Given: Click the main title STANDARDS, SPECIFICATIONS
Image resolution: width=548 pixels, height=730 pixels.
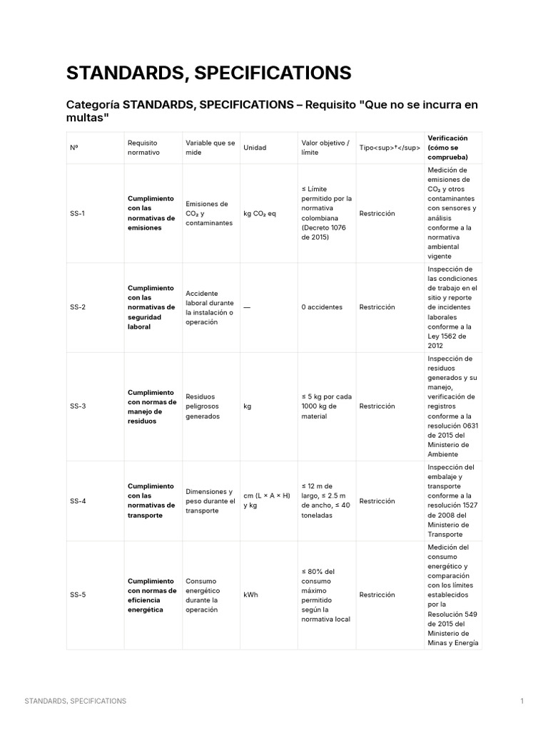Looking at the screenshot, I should pyautogui.click(x=208, y=73).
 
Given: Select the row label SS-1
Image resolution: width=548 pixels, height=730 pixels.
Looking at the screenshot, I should pyautogui.click(x=78, y=213).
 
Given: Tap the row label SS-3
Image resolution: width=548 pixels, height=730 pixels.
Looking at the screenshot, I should pyautogui.click(x=78, y=406).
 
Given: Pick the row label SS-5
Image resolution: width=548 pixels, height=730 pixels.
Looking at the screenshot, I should pyautogui.click(x=78, y=595).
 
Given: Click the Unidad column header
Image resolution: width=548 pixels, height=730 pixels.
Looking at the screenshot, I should pyautogui.click(x=255, y=148).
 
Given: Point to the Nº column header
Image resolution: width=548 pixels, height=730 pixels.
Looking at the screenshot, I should pyautogui.click(x=74, y=148).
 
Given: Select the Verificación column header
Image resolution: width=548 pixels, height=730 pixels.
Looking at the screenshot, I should pyautogui.click(x=447, y=147).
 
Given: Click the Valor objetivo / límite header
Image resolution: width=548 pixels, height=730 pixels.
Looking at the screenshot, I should pyautogui.click(x=325, y=148).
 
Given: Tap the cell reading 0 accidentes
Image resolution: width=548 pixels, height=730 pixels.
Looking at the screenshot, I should pyautogui.click(x=322, y=307).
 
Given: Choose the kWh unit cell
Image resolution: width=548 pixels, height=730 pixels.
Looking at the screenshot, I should pyautogui.click(x=250, y=595).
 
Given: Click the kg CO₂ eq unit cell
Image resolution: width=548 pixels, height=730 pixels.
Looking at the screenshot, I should pyautogui.click(x=260, y=213).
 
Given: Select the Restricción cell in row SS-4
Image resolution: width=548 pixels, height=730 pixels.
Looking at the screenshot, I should pyautogui.click(x=377, y=501).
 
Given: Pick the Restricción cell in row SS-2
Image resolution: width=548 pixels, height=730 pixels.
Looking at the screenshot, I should pyautogui.click(x=377, y=307).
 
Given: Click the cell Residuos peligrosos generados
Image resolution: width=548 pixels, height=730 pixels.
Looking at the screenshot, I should pyautogui.click(x=203, y=406).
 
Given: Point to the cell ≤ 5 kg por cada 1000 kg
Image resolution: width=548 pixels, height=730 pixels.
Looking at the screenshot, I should pyautogui.click(x=325, y=406).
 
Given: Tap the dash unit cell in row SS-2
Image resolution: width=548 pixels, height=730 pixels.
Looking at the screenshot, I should pyautogui.click(x=247, y=307).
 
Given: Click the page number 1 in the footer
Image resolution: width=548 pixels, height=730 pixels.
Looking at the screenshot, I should pyautogui.click(x=522, y=701).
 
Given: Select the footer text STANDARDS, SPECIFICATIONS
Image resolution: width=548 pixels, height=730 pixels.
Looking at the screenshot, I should pyautogui.click(x=76, y=701).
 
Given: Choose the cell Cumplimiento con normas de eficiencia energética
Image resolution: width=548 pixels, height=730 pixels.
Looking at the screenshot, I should pyautogui.click(x=152, y=595).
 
